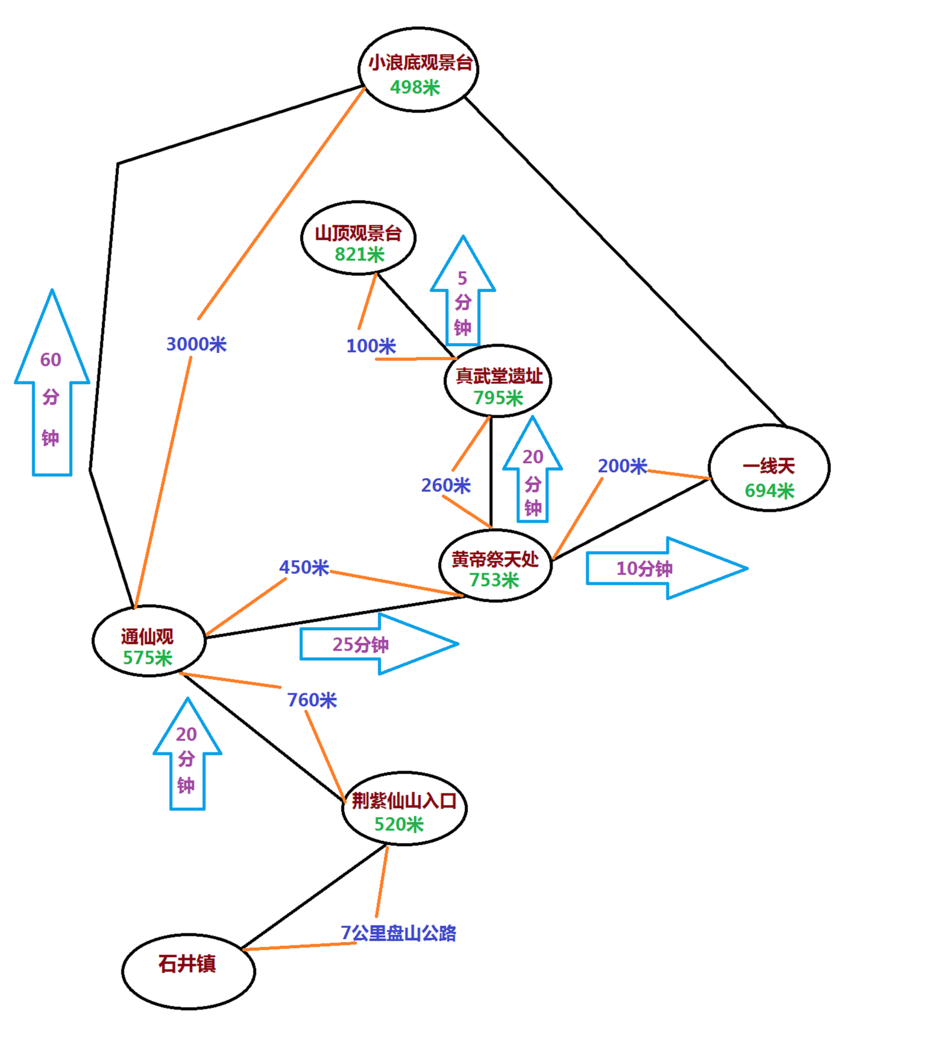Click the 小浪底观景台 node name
420,63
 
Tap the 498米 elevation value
415,87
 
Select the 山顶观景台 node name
358,233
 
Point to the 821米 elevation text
359,255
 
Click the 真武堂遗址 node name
499,376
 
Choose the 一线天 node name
769,466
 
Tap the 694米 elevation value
769,490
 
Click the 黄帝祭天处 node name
495,560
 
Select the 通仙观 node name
147,636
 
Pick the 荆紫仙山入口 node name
404,801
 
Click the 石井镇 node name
187,964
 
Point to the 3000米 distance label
196,344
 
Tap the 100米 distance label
371,346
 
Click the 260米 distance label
446,485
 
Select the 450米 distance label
304,567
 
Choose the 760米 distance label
312,700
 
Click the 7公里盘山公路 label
398,933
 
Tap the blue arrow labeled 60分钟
51,395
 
